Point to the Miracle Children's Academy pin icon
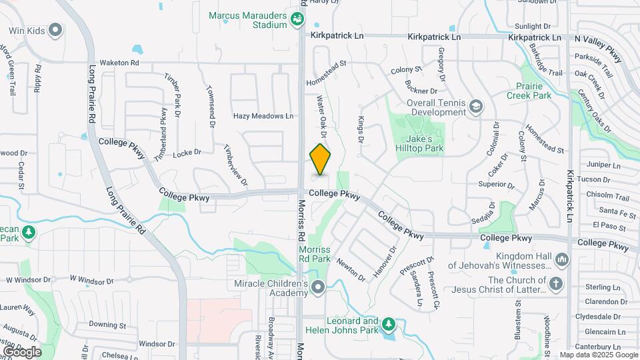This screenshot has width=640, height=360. [318, 288]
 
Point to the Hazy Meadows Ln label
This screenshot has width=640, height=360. [263, 116]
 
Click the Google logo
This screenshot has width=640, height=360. [23, 351]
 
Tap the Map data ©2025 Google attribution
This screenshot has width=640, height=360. [599, 355]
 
